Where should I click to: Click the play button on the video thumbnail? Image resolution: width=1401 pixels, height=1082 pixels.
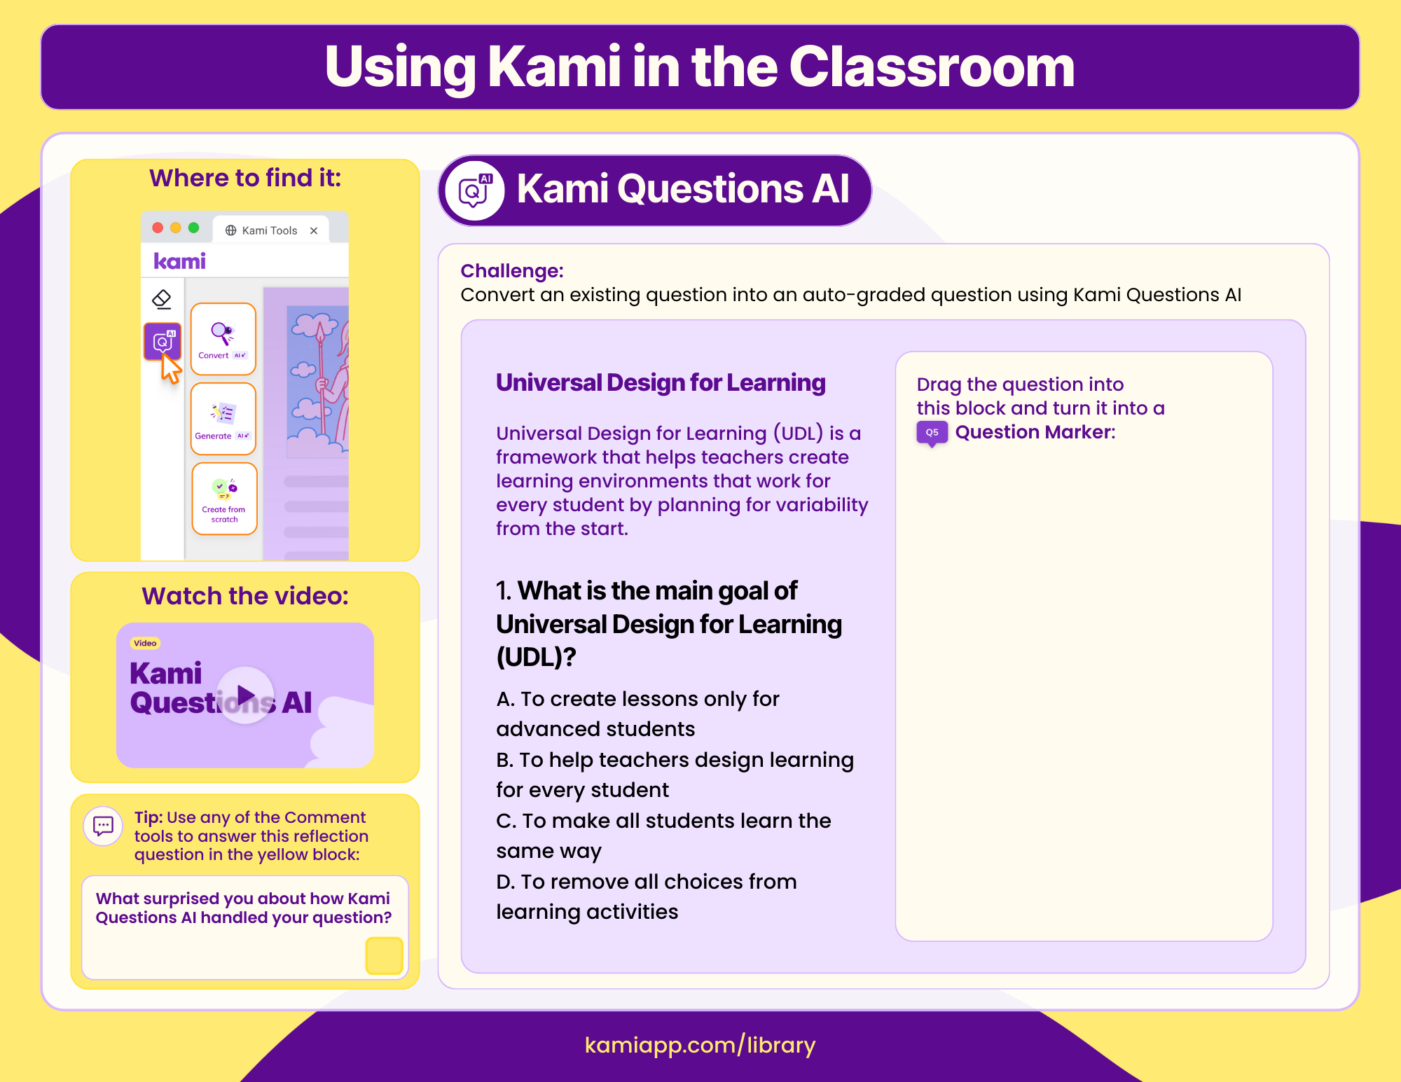[x=245, y=695]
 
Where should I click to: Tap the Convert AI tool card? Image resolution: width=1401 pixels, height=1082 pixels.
[x=223, y=339]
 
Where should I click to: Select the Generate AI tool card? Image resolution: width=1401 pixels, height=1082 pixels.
[x=223, y=419]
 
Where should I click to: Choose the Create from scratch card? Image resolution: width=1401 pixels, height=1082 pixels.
[x=224, y=499]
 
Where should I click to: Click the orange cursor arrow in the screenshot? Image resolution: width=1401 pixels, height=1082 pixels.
[x=170, y=368]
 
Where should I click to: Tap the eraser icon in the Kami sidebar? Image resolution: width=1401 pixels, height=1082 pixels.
[x=162, y=299]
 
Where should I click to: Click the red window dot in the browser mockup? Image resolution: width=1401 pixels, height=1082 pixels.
[x=158, y=228]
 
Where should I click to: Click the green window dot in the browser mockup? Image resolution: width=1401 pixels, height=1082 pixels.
[x=194, y=228]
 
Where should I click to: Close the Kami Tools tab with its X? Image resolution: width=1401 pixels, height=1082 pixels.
[x=314, y=230]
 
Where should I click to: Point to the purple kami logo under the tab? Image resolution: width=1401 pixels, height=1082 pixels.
[x=179, y=261]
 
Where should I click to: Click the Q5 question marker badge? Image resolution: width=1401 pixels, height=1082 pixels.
[x=932, y=433]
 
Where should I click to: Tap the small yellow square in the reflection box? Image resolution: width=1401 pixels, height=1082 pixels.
[x=384, y=955]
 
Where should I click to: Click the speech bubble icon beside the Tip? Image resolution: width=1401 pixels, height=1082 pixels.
[x=103, y=826]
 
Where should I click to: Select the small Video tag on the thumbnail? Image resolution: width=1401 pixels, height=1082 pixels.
[x=145, y=643]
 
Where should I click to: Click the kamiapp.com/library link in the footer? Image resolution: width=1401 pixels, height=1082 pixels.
[x=700, y=1045]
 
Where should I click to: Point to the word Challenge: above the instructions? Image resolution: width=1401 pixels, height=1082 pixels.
[x=511, y=270]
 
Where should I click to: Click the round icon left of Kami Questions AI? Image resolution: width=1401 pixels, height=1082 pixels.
[x=475, y=190]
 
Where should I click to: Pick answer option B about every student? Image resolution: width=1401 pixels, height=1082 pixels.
[x=674, y=775]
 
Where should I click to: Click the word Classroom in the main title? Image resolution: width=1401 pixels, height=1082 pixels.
[x=931, y=67]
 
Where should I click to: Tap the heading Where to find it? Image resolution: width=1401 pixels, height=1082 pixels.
[x=245, y=178]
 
